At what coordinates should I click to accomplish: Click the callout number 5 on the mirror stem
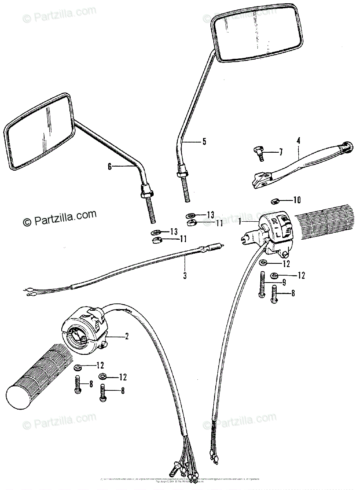204,142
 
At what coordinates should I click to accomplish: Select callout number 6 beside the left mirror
110,166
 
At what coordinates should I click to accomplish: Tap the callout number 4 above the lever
299,141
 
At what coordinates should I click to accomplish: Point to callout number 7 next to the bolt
281,153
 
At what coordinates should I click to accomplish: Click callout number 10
297,200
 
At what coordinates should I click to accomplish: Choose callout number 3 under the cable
185,276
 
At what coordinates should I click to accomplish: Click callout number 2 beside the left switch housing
127,336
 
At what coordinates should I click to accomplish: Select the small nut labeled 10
276,200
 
